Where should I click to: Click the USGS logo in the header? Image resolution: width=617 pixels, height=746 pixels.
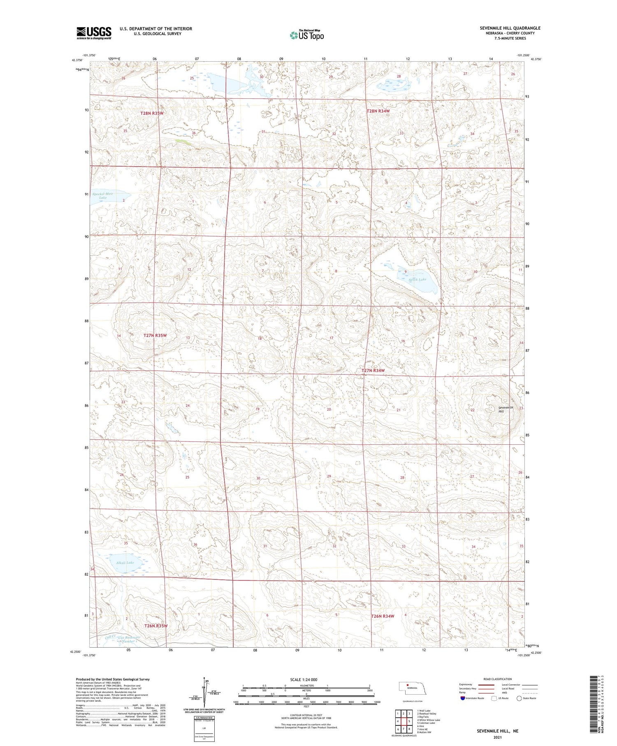[x=94, y=33]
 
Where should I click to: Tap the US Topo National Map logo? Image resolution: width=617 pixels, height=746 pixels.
[x=307, y=35]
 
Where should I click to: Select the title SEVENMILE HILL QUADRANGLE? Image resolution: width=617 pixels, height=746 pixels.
[x=510, y=28]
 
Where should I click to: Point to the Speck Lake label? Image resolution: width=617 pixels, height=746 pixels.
[x=417, y=279]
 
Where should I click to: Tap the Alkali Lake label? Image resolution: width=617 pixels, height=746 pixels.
[x=125, y=562]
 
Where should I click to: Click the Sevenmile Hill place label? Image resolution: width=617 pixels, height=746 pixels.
[x=506, y=409]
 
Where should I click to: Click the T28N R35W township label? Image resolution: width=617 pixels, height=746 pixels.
[x=152, y=113]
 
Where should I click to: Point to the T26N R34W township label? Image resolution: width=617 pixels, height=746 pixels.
[x=383, y=616]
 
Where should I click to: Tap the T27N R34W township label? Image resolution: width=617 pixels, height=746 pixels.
[x=373, y=371]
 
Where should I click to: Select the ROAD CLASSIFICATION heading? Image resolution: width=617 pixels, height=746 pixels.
[x=497, y=679]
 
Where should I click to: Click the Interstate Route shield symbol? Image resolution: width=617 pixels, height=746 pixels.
[x=463, y=698]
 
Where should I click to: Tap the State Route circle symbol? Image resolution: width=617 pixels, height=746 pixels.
[x=519, y=698]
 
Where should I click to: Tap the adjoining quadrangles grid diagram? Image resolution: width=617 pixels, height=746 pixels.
[x=404, y=720]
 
